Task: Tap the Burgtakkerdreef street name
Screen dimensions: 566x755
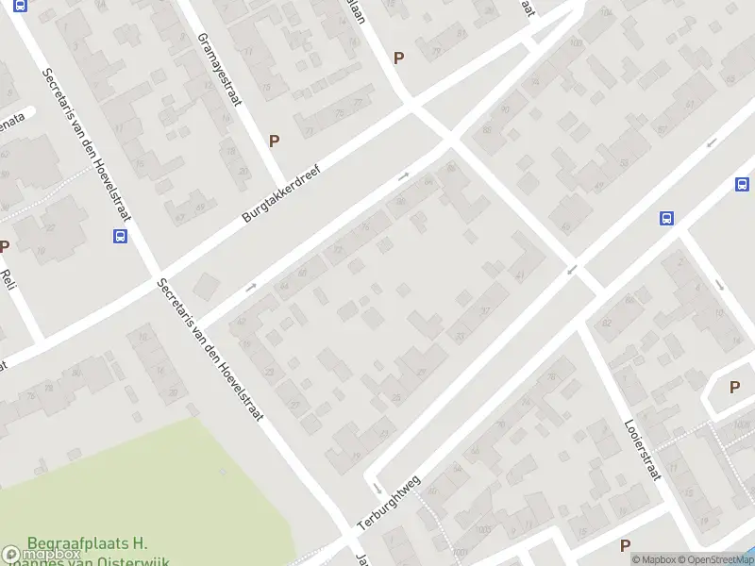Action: coord(282,195)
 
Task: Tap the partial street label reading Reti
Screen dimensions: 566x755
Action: coord(9,279)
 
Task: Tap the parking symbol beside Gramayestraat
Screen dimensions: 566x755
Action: coord(275,141)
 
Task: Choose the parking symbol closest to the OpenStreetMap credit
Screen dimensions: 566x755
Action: coord(625,545)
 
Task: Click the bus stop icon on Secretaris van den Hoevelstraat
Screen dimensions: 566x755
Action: coord(121,236)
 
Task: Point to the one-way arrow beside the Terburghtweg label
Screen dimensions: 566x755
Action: coord(376,489)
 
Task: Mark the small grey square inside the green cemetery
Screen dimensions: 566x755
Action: coord(224,471)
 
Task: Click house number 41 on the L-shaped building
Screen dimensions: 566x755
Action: coord(521,275)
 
